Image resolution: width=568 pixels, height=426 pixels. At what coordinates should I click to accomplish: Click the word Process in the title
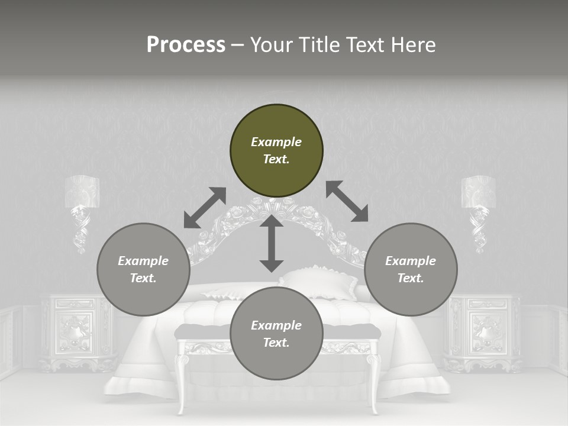pos(186,45)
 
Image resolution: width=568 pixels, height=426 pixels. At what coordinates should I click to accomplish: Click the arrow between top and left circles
pos(205,208)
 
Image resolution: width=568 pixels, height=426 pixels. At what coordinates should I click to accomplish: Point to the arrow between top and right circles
pos(347,201)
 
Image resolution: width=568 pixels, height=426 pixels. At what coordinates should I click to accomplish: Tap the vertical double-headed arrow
pos(272,244)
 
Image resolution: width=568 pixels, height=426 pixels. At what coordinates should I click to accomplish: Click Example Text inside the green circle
pos(276,150)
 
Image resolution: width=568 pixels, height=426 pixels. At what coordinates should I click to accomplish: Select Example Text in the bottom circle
pos(276,334)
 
